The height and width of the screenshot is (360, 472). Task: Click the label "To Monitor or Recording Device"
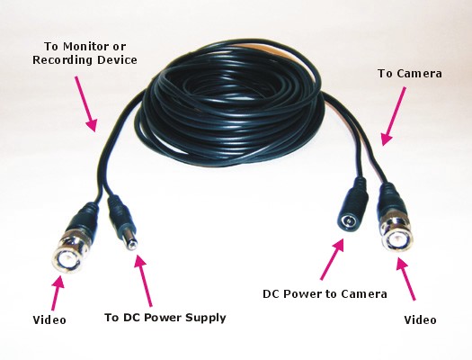point(85,53)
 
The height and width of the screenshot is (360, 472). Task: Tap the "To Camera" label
point(410,74)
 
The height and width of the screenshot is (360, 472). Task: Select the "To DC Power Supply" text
point(165,318)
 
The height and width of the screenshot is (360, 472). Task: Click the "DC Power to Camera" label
point(325,293)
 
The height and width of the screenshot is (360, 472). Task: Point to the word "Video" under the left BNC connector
point(49,319)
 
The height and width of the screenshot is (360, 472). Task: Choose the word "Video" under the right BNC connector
point(420,319)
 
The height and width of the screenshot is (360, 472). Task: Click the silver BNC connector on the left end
point(67,253)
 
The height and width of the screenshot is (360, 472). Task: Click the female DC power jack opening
point(349,222)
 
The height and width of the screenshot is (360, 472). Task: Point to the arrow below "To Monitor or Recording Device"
point(86,103)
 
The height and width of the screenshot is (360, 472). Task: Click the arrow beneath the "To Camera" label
point(393,116)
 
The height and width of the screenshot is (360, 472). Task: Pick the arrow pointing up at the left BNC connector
point(58,292)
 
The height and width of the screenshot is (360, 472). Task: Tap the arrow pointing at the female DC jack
point(332,259)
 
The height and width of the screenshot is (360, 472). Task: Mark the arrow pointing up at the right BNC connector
point(405,278)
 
